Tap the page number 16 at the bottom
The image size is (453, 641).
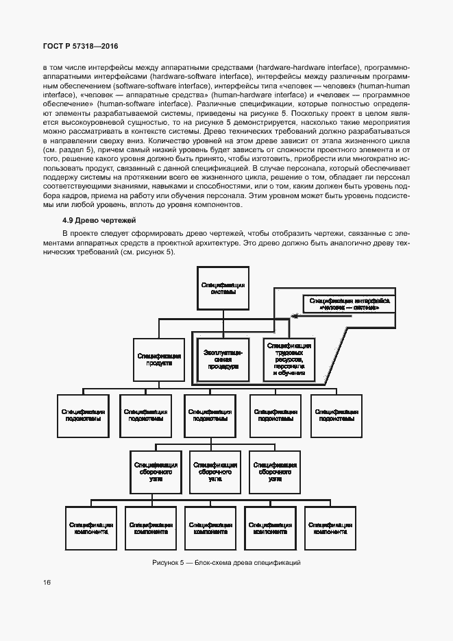(x=46, y=583)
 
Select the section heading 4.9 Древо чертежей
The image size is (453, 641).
(x=99, y=220)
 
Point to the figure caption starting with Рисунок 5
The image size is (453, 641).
(x=227, y=563)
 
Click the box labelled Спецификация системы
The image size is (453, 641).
(x=223, y=288)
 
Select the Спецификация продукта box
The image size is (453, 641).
(x=158, y=360)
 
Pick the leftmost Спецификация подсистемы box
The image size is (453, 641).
(x=82, y=415)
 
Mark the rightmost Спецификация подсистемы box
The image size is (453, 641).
(x=337, y=415)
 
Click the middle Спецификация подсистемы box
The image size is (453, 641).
(x=209, y=415)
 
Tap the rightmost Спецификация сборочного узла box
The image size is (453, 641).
(x=274, y=472)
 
